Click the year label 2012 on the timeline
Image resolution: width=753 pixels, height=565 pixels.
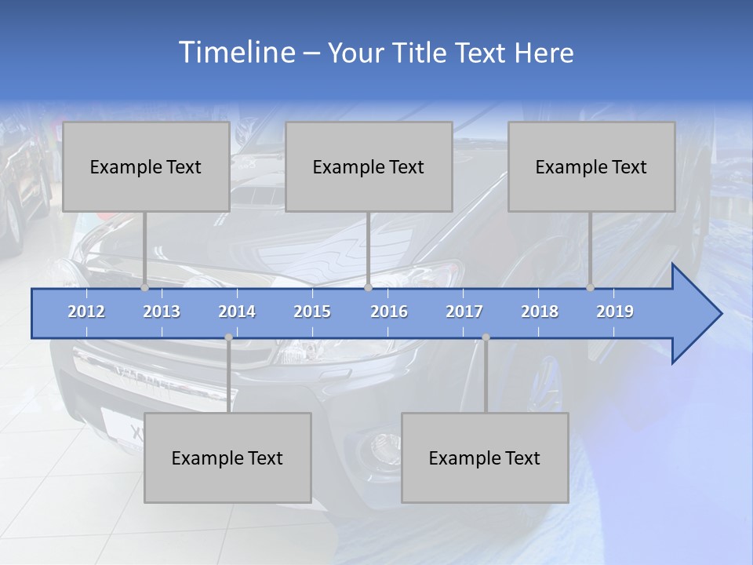coord(86,312)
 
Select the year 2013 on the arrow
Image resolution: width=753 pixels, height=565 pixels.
coord(162,312)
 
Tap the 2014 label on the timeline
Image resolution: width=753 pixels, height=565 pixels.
coord(237,312)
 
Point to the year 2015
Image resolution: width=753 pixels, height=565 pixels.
coord(312,312)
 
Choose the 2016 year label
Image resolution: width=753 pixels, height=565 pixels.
coord(389,312)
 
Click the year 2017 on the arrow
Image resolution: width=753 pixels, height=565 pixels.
coord(464,312)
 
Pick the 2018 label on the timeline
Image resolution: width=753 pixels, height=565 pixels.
coord(540,312)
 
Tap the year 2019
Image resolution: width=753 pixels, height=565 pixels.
coord(615,312)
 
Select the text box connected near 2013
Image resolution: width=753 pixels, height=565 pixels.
coord(146,166)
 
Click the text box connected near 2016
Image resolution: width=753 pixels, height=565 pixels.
coord(369,166)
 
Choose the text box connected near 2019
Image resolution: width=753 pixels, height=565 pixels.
coord(591,166)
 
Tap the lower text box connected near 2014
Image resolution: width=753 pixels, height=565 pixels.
coord(227,457)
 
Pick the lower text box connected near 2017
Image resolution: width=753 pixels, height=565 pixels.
coord(485,457)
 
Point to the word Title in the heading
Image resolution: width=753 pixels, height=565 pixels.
coord(423,53)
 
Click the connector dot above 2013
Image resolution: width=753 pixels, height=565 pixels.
coord(145,288)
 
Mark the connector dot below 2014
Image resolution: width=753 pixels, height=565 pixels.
coord(228,337)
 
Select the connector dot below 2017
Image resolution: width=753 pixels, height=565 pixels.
coord(486,337)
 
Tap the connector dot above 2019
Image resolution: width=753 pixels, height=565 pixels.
coord(591,288)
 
